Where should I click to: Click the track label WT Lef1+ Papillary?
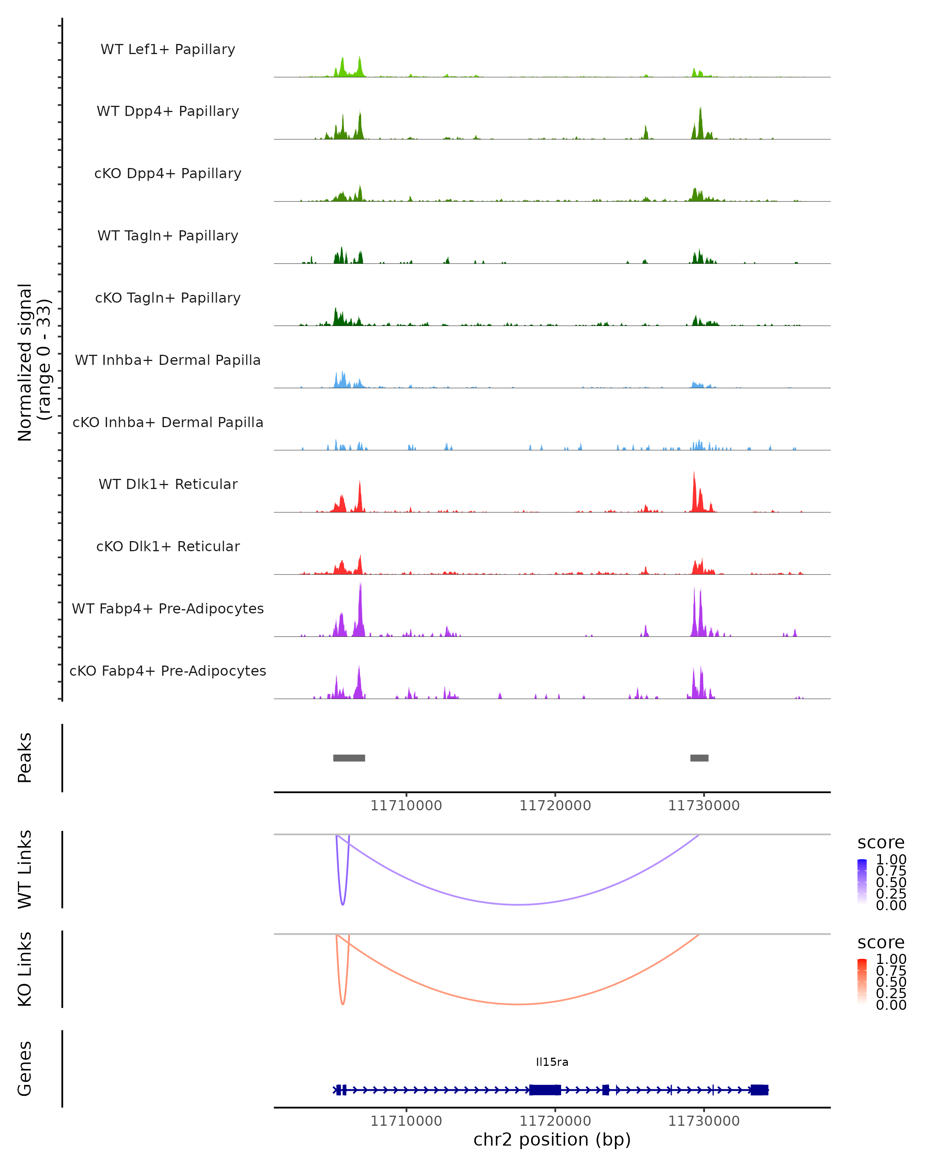tap(168, 49)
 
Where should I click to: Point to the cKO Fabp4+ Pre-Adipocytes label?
tap(168, 671)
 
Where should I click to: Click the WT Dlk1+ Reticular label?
tap(168, 484)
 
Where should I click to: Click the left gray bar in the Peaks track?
tap(349, 758)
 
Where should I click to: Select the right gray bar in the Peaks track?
tap(699, 758)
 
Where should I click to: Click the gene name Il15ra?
tap(552, 1062)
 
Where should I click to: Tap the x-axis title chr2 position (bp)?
tap(552, 1139)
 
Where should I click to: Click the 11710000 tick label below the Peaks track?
tap(406, 806)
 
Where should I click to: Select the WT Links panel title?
tap(25, 869)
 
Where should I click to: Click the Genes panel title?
tap(25, 1069)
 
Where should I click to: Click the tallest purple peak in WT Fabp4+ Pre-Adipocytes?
tap(360, 586)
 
